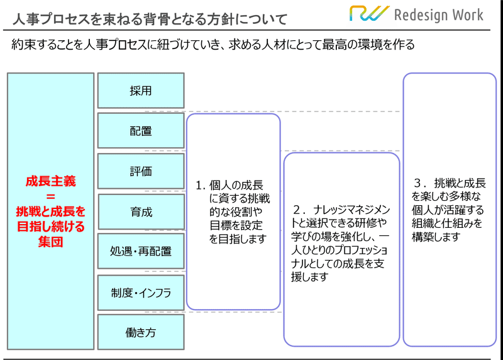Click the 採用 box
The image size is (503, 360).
pyautogui.click(x=141, y=91)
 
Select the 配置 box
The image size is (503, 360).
pyautogui.click(x=141, y=131)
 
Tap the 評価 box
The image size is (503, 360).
pyautogui.click(x=141, y=171)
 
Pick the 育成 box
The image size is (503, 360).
pyautogui.click(x=141, y=211)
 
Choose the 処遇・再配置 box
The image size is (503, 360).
pyautogui.click(x=141, y=251)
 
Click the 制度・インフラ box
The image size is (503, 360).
pyautogui.click(x=141, y=293)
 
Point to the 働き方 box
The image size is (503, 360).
pyautogui.click(x=141, y=332)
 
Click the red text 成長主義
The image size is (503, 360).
pyautogui.click(x=51, y=181)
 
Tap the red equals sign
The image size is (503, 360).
pyautogui.click(x=51, y=196)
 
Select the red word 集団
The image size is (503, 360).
pyautogui.click(x=51, y=242)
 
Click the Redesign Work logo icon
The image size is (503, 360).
pyautogui.click(x=369, y=13)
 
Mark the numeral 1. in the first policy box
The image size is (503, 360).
pyautogui.click(x=201, y=185)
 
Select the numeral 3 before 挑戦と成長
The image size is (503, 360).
pyautogui.click(x=418, y=183)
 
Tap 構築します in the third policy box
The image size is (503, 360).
pyautogui.click(x=436, y=237)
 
